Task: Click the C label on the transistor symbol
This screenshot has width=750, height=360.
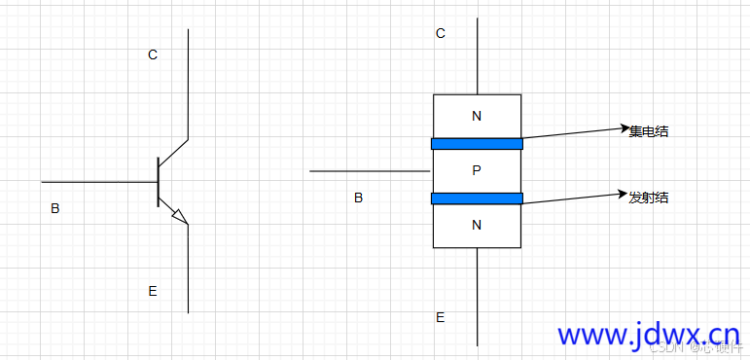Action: click(x=152, y=55)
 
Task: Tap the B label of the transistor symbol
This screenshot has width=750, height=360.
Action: click(x=54, y=208)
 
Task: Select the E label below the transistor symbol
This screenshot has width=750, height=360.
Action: click(x=152, y=291)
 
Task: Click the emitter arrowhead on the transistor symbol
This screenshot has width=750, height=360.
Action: click(x=178, y=216)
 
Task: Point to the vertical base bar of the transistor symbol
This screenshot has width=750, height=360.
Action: click(x=158, y=182)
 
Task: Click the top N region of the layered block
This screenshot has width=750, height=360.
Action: click(x=476, y=117)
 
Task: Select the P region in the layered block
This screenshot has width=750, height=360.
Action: click(x=476, y=171)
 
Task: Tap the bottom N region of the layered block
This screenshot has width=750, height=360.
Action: click(x=476, y=225)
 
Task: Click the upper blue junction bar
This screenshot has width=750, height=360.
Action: click(x=477, y=144)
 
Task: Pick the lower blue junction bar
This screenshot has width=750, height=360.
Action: click(x=477, y=198)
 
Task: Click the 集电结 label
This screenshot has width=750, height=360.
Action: click(x=649, y=131)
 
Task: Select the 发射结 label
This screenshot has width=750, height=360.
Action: click(x=649, y=198)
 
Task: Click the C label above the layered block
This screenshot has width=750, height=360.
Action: click(x=441, y=34)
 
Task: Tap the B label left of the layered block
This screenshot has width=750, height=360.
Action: click(x=358, y=198)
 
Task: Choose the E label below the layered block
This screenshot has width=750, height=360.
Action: click(x=440, y=317)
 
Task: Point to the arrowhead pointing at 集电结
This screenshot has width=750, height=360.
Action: click(x=626, y=127)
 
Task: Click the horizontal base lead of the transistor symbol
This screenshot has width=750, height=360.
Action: click(x=97, y=181)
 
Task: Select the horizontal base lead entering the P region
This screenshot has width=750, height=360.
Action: click(x=370, y=171)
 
